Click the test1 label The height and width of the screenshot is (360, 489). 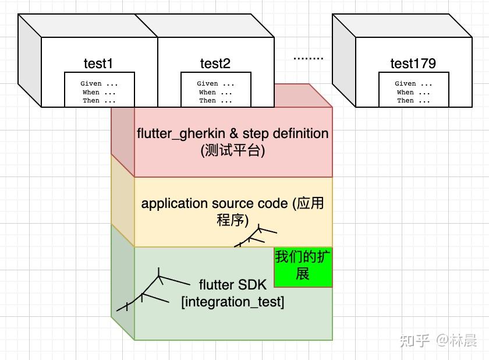point(99,63)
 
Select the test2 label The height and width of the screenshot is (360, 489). point(215,63)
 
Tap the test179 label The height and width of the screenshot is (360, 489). point(413,63)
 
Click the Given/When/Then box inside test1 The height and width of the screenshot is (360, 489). point(99,90)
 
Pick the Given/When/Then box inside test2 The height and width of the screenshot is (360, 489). point(215,90)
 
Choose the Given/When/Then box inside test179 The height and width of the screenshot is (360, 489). point(413,90)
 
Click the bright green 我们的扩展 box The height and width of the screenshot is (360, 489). point(303,266)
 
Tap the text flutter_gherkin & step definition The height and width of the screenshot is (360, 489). point(233,133)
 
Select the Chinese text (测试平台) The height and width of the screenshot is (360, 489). point(233,150)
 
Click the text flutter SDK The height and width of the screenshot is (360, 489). point(233,285)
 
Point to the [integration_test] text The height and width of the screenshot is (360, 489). point(233,302)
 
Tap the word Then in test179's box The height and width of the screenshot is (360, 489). point(405,101)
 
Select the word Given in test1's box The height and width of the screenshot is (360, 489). point(91,83)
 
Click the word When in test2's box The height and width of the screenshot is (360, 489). point(207,92)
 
